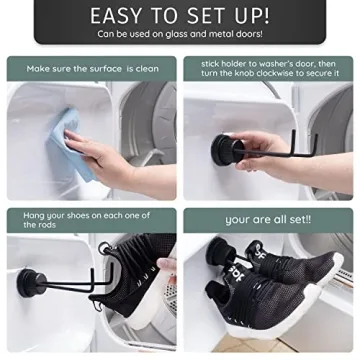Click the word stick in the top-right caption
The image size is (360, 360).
(209, 62)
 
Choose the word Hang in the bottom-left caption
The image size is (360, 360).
(35, 215)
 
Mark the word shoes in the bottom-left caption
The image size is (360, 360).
(79, 215)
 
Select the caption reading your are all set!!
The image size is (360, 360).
(267, 219)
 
